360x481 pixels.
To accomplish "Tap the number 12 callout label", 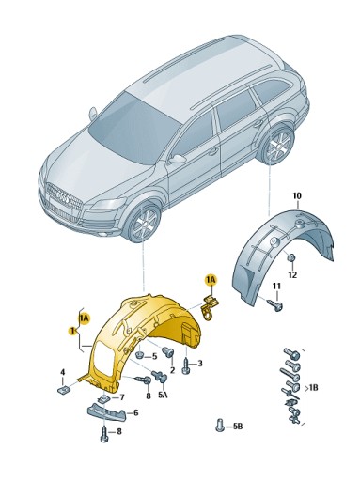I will [x=292, y=274].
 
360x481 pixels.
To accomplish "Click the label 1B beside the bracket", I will [x=313, y=386].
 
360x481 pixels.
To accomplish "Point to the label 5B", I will [x=238, y=427].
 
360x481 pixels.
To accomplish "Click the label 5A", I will [x=163, y=396].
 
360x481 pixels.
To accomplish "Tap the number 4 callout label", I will [x=62, y=372].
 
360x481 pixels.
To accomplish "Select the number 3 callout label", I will [x=200, y=363].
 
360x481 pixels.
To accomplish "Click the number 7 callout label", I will [x=121, y=397].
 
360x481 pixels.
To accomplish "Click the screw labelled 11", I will [x=273, y=303].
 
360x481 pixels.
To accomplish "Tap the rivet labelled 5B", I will [x=220, y=424].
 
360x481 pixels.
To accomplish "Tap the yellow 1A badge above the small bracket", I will [x=211, y=279].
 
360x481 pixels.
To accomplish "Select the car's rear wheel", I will [x=277, y=147].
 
